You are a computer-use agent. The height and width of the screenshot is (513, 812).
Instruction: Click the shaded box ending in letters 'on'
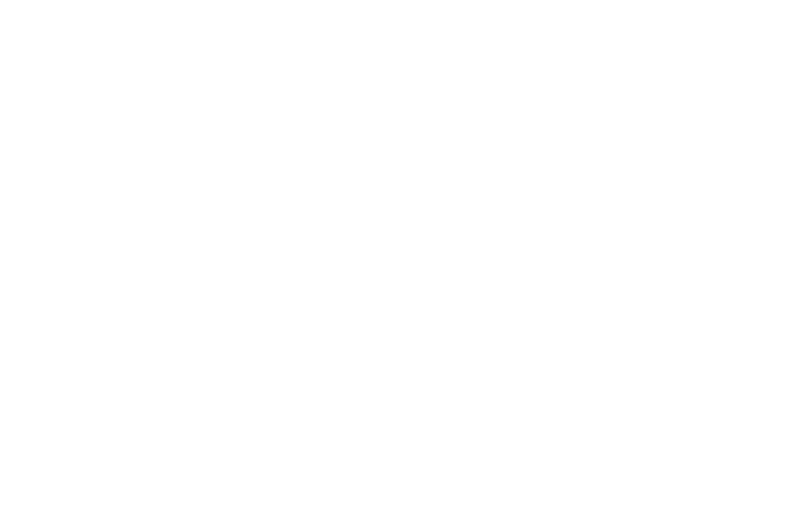coord(119,171)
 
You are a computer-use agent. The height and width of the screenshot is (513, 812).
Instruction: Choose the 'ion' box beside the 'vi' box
coord(149,256)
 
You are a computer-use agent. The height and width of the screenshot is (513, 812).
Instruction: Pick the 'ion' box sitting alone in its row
coord(217,341)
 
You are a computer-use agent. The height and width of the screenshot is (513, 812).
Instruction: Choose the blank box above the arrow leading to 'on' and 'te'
coord(218,36)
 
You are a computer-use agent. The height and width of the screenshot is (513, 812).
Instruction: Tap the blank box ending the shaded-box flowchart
coord(218,477)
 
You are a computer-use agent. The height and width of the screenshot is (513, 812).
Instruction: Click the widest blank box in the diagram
coord(625,213)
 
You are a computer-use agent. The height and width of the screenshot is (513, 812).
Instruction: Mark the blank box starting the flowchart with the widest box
coord(625,78)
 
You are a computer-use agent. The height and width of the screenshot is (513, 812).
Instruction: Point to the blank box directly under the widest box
coord(625,298)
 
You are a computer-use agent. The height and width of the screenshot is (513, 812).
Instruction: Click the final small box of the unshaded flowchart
coord(625,434)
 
